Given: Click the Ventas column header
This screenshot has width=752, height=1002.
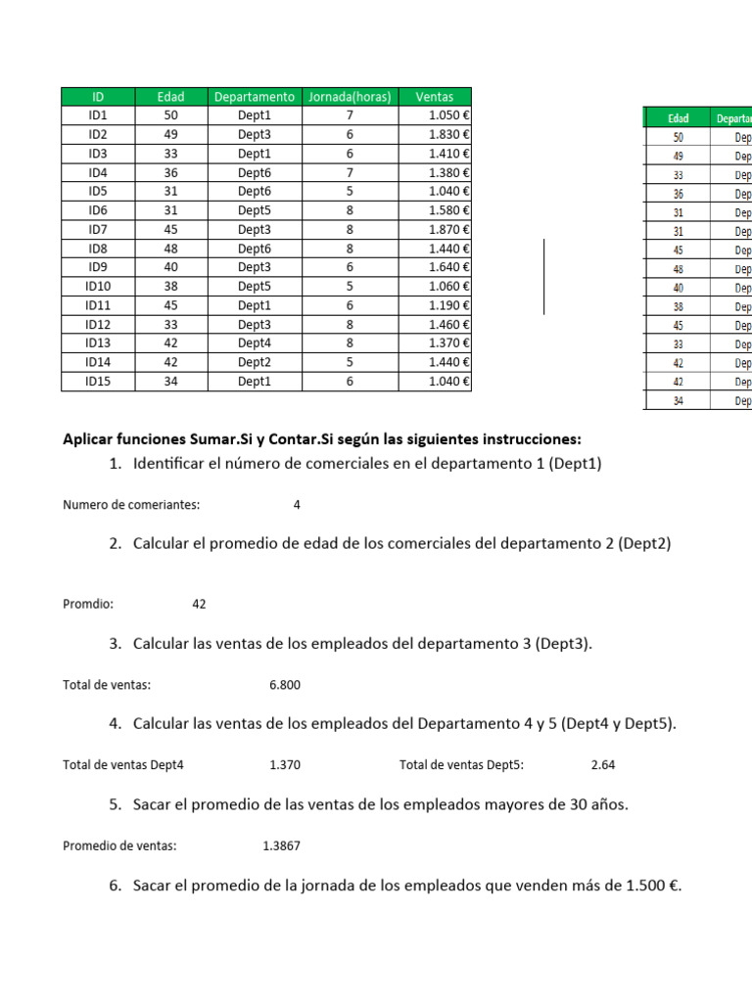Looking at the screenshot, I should [x=435, y=97].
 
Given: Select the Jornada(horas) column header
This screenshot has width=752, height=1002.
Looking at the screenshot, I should [x=350, y=97].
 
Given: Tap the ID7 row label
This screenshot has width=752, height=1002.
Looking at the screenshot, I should [x=98, y=229].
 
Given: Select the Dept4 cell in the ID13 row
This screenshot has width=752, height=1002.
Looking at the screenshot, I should [x=255, y=343].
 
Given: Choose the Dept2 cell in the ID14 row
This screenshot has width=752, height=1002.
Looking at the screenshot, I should [x=255, y=362].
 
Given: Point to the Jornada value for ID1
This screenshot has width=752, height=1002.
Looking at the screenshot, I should [x=350, y=115].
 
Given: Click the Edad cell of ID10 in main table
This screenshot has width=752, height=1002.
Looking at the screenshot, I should [x=170, y=287].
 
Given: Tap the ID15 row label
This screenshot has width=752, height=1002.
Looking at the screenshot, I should [x=98, y=382].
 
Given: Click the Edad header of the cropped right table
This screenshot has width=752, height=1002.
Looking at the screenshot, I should [x=678, y=118].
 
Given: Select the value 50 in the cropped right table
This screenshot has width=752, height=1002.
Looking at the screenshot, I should [x=678, y=138].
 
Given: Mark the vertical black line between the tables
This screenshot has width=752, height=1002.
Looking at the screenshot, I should [x=544, y=276].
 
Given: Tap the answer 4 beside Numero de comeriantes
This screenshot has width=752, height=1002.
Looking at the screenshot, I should [x=297, y=506].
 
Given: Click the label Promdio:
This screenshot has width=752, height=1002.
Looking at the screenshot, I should [x=88, y=605].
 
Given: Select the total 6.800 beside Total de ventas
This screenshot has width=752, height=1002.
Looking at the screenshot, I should [x=284, y=685].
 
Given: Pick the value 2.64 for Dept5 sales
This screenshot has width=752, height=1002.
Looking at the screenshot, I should [x=603, y=765].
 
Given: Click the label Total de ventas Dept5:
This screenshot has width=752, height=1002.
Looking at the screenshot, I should [x=461, y=765].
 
